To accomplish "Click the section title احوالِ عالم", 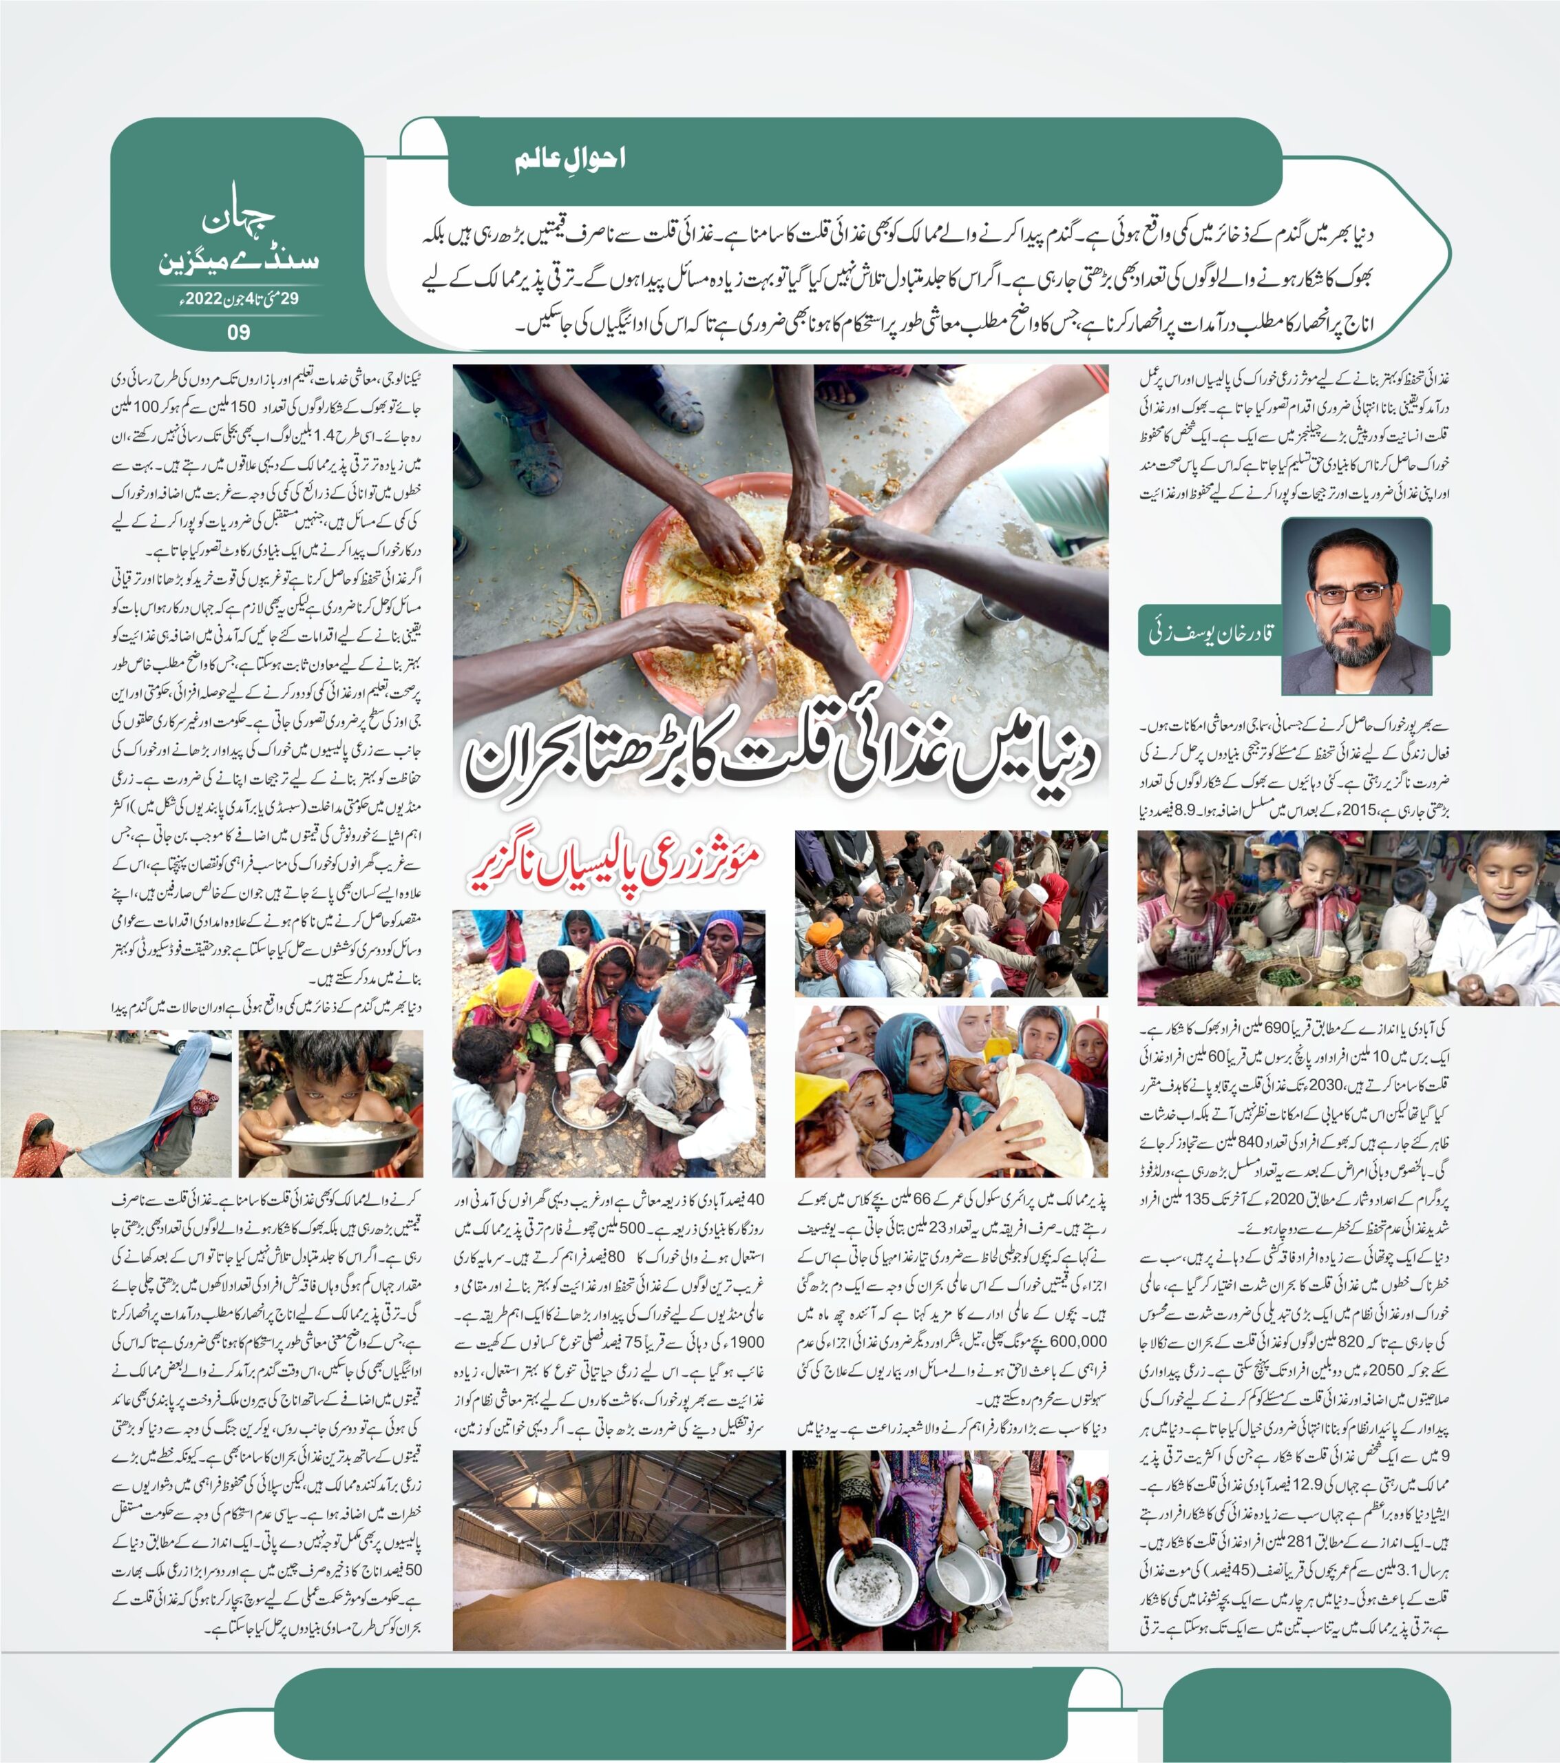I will click(570, 158).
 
